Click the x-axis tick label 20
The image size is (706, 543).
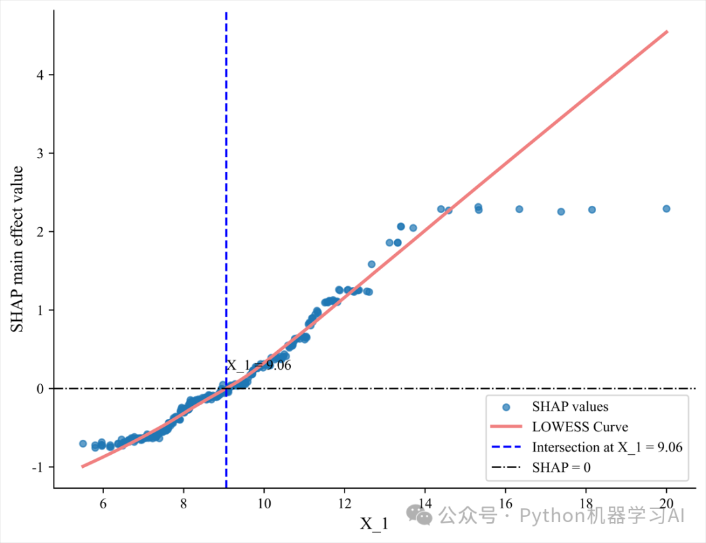tap(666, 504)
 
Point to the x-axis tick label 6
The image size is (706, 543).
tap(103, 504)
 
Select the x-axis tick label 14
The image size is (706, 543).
tap(425, 504)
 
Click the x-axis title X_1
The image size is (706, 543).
tap(374, 523)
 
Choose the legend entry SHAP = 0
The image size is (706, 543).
tap(562, 467)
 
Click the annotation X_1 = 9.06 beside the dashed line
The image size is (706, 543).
tap(259, 365)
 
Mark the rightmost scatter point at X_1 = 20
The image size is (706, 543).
tap(666, 208)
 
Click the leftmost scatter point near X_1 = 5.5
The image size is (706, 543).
tap(83, 443)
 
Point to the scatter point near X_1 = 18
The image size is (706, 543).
tap(592, 210)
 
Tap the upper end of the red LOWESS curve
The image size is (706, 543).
tap(666, 31)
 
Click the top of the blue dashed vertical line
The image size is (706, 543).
tap(226, 13)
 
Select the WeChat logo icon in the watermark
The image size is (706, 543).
tap(419, 515)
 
